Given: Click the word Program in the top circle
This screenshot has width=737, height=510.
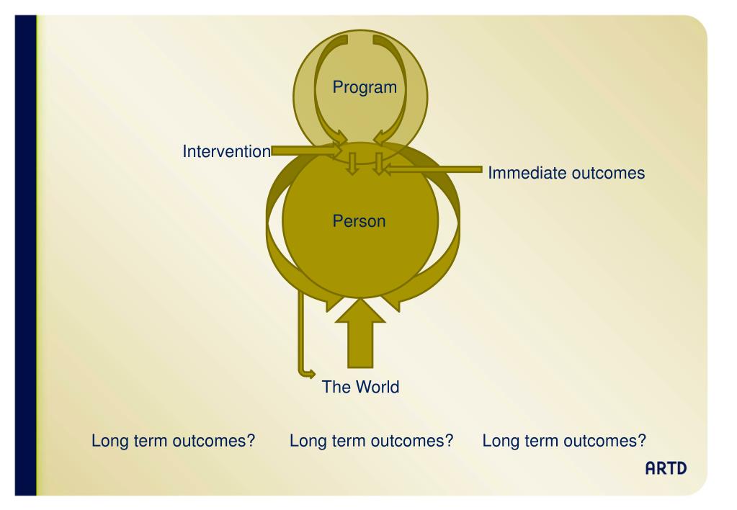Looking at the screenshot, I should click(x=365, y=88).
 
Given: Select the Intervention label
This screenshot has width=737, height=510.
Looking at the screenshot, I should click(x=226, y=152).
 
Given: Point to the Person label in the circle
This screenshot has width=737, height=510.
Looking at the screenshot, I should click(x=359, y=221).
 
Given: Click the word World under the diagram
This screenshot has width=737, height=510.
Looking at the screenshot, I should click(x=375, y=387).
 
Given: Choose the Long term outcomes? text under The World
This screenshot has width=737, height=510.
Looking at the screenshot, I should click(x=370, y=440).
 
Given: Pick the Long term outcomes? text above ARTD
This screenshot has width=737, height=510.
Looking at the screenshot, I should click(x=563, y=440).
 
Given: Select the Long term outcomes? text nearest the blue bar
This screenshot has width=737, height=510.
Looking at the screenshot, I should click(x=174, y=440).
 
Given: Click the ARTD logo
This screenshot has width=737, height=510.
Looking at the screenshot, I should click(x=666, y=469).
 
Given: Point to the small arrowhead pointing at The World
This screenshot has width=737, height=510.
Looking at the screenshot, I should click(x=311, y=373).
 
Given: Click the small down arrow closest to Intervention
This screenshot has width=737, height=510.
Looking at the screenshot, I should click(x=352, y=164).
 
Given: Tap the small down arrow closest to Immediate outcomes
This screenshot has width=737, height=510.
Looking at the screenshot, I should click(x=378, y=164).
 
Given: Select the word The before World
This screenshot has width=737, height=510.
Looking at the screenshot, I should click(x=335, y=387).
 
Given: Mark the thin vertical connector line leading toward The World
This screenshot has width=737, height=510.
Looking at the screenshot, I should click(x=300, y=331).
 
